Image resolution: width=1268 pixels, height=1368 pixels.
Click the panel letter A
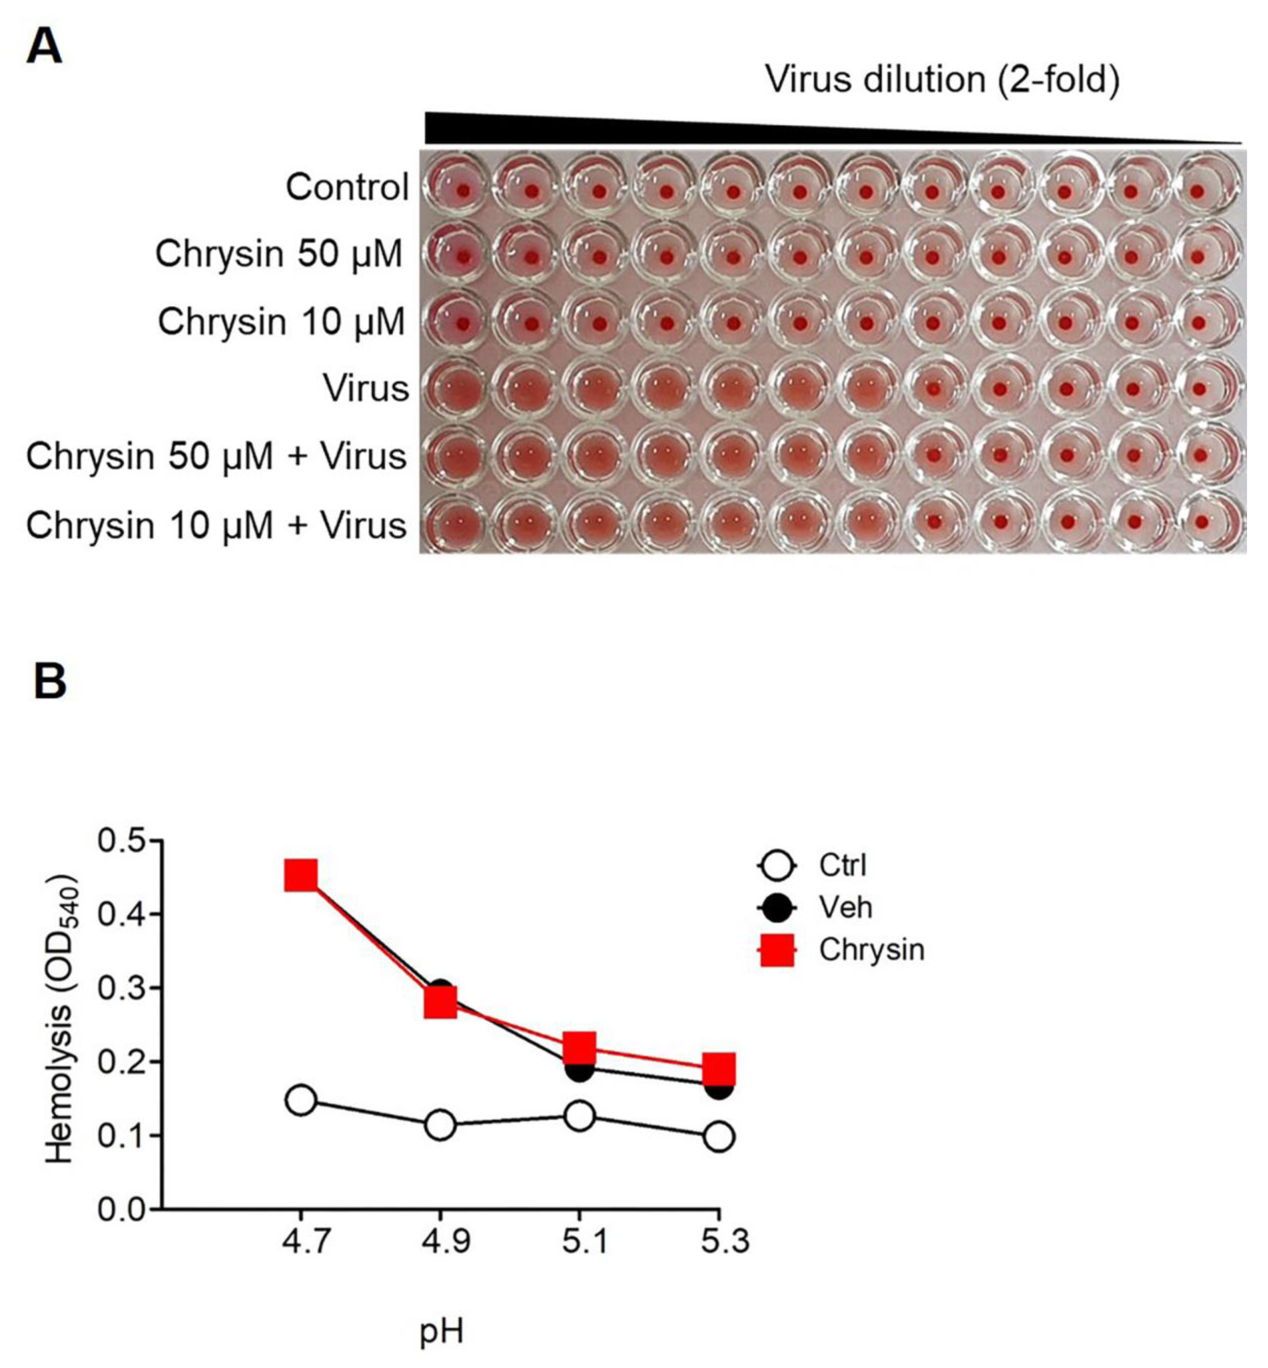[44, 48]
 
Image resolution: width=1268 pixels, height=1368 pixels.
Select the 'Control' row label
[347, 187]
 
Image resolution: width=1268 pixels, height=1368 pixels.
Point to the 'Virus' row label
[366, 389]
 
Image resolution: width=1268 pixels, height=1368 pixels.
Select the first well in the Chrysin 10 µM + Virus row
[456, 523]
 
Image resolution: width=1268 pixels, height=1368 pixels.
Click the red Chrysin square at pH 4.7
[301, 876]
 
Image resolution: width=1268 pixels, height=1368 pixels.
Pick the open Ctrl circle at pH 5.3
[718, 1137]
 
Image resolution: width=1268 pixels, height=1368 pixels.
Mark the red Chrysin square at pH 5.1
[579, 1046]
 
